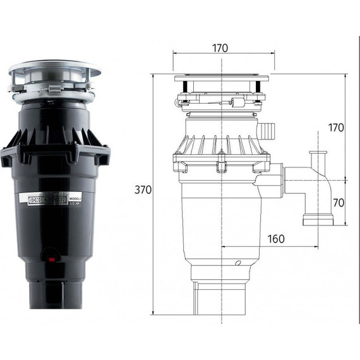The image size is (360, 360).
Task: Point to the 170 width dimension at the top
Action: tap(219, 48)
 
